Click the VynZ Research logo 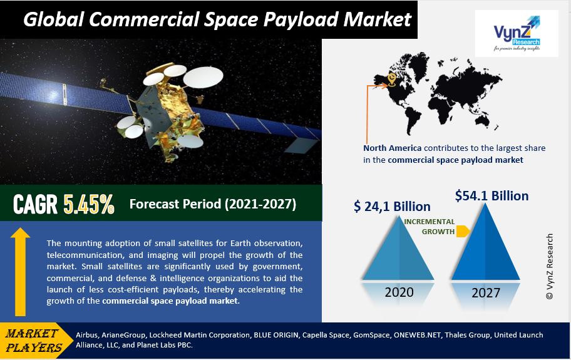click(x=517, y=33)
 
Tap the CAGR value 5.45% click(x=89, y=204)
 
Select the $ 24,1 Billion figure click(x=392, y=207)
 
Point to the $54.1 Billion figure click(x=491, y=196)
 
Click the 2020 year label click(x=399, y=292)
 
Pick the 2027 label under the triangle click(x=486, y=292)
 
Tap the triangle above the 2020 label click(x=398, y=249)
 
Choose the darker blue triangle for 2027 click(x=485, y=242)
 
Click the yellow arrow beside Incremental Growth click(x=463, y=231)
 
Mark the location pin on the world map click(x=392, y=79)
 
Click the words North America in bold click(x=392, y=148)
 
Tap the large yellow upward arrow click(x=21, y=272)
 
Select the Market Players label click(x=33, y=341)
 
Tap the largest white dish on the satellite click(x=203, y=77)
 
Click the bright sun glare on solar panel click(x=54, y=95)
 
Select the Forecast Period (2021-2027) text click(x=213, y=204)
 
